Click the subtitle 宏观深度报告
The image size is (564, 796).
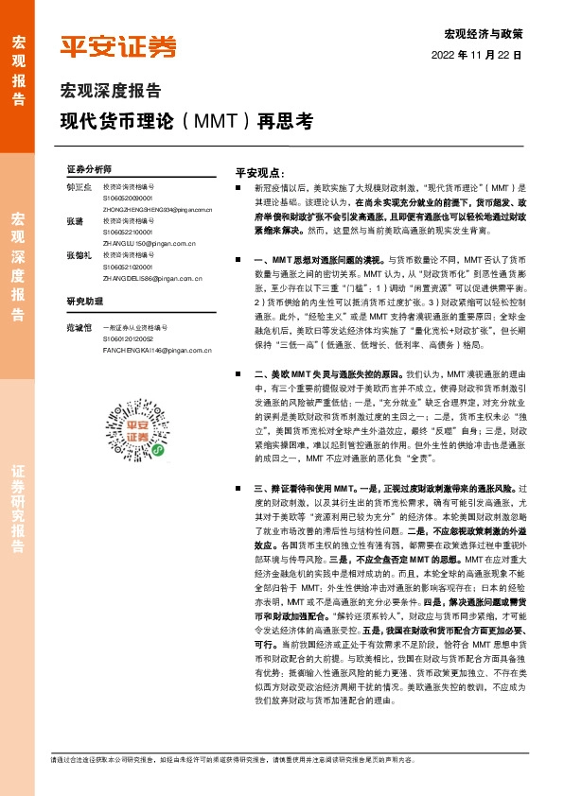[x=111, y=92]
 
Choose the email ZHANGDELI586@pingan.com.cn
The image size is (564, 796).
[x=151, y=279]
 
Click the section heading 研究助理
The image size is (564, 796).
[x=83, y=302]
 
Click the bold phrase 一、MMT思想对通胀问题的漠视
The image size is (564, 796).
[x=318, y=258]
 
